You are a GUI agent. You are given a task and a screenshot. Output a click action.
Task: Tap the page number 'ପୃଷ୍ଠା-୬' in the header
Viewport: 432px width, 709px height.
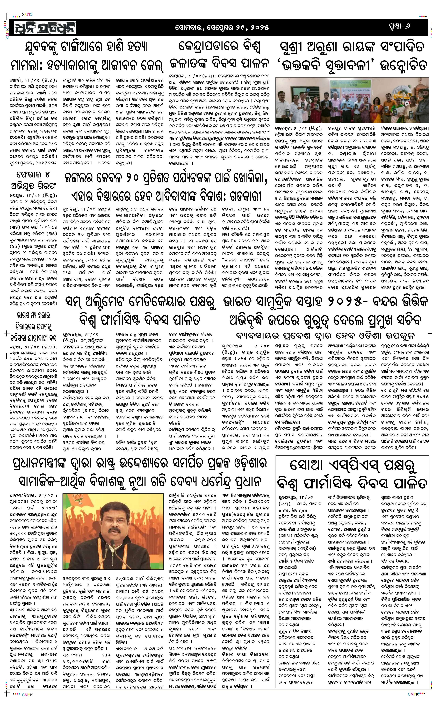398,26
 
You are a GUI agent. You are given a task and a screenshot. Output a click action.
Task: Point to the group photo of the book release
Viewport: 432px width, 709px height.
352,100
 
